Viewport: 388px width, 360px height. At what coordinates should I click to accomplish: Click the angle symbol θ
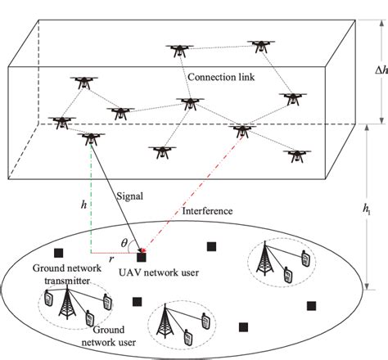point(124,243)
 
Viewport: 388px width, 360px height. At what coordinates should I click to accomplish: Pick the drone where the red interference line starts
point(243,130)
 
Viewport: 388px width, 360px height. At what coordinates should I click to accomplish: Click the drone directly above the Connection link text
point(179,51)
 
